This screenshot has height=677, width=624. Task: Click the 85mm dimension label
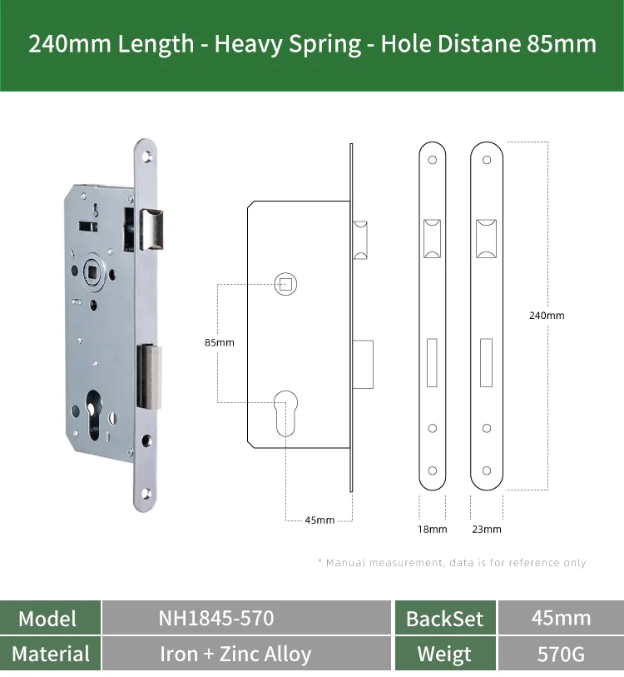pos(220,342)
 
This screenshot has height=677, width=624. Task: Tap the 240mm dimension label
pos(547,316)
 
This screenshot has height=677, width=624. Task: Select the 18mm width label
pos(432,529)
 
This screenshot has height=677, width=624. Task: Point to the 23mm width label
pos(487,529)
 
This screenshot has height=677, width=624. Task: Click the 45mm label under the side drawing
pos(319,520)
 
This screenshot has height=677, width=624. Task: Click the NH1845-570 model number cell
pos(215,618)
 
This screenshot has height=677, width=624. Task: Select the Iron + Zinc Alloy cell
pos(235,654)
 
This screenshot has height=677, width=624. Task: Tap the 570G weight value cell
pos(561,654)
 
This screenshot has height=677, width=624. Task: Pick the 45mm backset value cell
pos(561,618)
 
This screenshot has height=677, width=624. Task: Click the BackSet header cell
pos(444,619)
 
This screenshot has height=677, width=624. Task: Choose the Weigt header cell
pos(444,655)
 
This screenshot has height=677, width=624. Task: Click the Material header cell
pos(51,654)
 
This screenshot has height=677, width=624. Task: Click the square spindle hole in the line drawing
pos(285,284)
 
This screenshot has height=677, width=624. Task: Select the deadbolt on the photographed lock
pos(150,376)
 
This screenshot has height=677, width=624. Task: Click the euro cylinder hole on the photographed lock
pos(94,418)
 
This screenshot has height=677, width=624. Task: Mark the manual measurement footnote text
pos(452,563)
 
